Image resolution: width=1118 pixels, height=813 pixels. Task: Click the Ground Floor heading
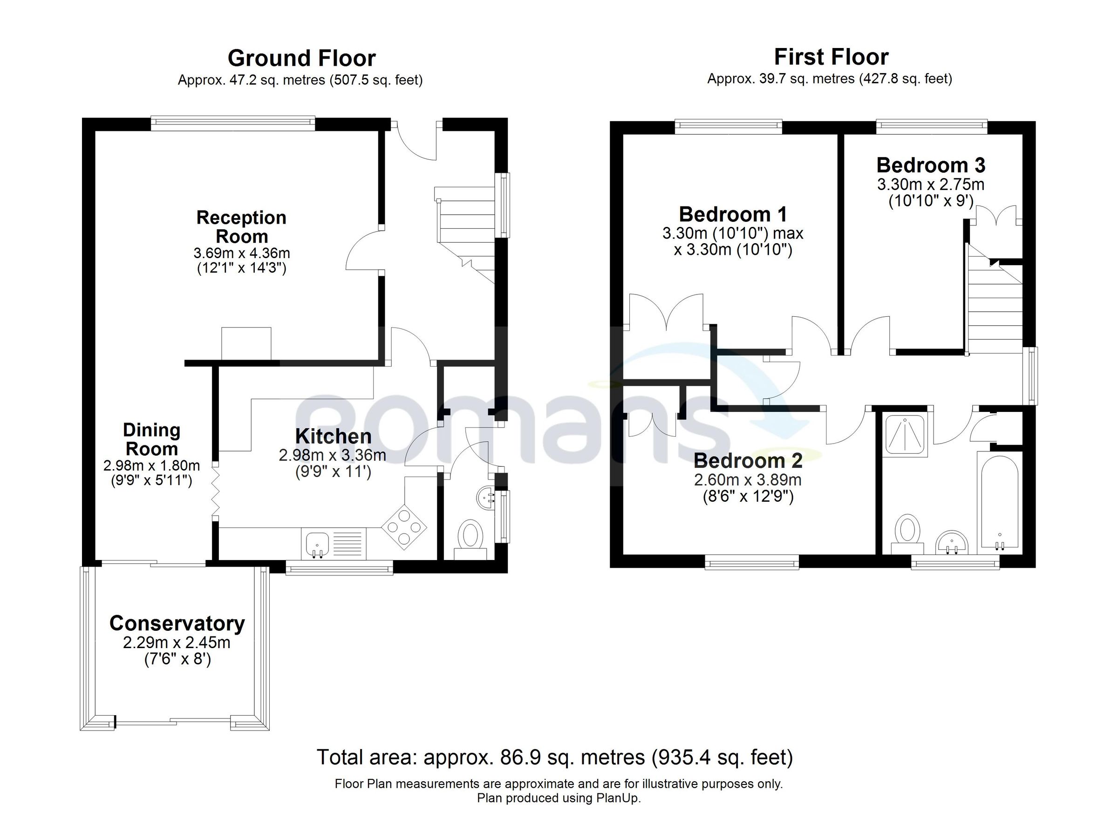(301, 59)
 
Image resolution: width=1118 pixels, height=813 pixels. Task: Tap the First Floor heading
(831, 57)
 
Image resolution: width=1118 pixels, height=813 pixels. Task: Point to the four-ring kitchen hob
(404, 527)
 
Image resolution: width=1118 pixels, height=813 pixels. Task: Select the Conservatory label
(177, 623)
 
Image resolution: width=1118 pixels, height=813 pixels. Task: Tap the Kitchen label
(333, 437)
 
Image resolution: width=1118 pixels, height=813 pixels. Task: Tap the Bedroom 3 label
(931, 165)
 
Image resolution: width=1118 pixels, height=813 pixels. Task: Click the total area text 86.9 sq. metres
(554, 757)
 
